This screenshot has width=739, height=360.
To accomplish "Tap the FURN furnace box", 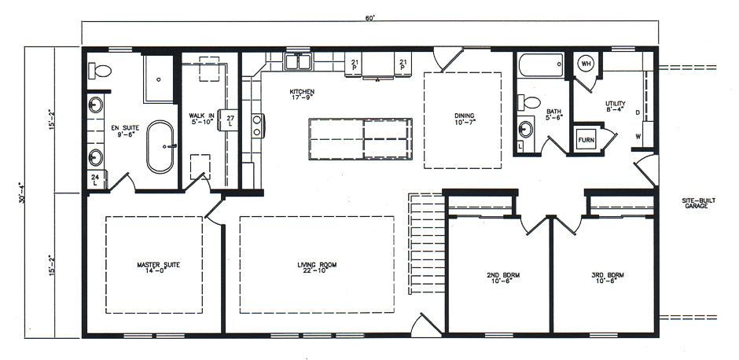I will [x=586, y=140].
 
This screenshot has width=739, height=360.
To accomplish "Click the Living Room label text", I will [x=317, y=267].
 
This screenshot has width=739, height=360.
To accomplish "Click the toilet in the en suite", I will [x=99, y=72].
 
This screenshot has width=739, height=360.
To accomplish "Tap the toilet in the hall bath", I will [x=529, y=103].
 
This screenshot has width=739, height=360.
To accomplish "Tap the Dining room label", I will [x=464, y=119].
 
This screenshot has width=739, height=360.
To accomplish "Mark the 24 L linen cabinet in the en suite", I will [x=94, y=179].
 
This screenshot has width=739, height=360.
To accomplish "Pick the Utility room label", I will [x=615, y=107].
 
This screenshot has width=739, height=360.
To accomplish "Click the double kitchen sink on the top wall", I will [x=298, y=61].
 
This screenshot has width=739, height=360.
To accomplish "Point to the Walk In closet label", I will [x=201, y=119].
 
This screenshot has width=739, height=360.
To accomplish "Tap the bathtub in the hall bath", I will [x=541, y=64].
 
